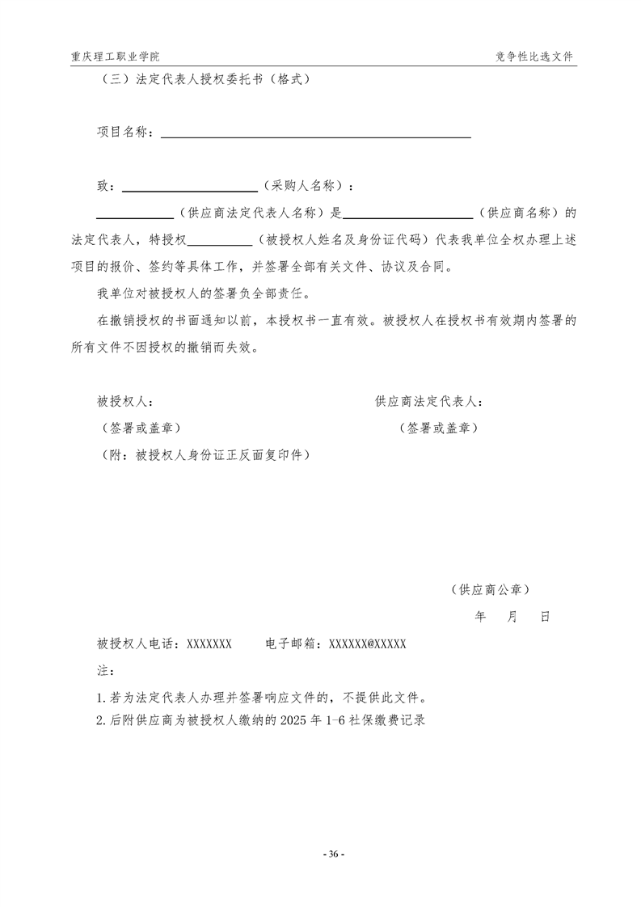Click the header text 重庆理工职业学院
[x=115, y=57]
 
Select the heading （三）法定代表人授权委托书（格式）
[x=203, y=80]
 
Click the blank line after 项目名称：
[x=315, y=133]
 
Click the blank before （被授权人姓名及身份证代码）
[x=220, y=241]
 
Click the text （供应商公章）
[x=491, y=590]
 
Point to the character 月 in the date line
[x=512, y=617]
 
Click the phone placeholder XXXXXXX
[x=209, y=644]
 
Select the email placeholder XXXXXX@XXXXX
[x=363, y=644]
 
